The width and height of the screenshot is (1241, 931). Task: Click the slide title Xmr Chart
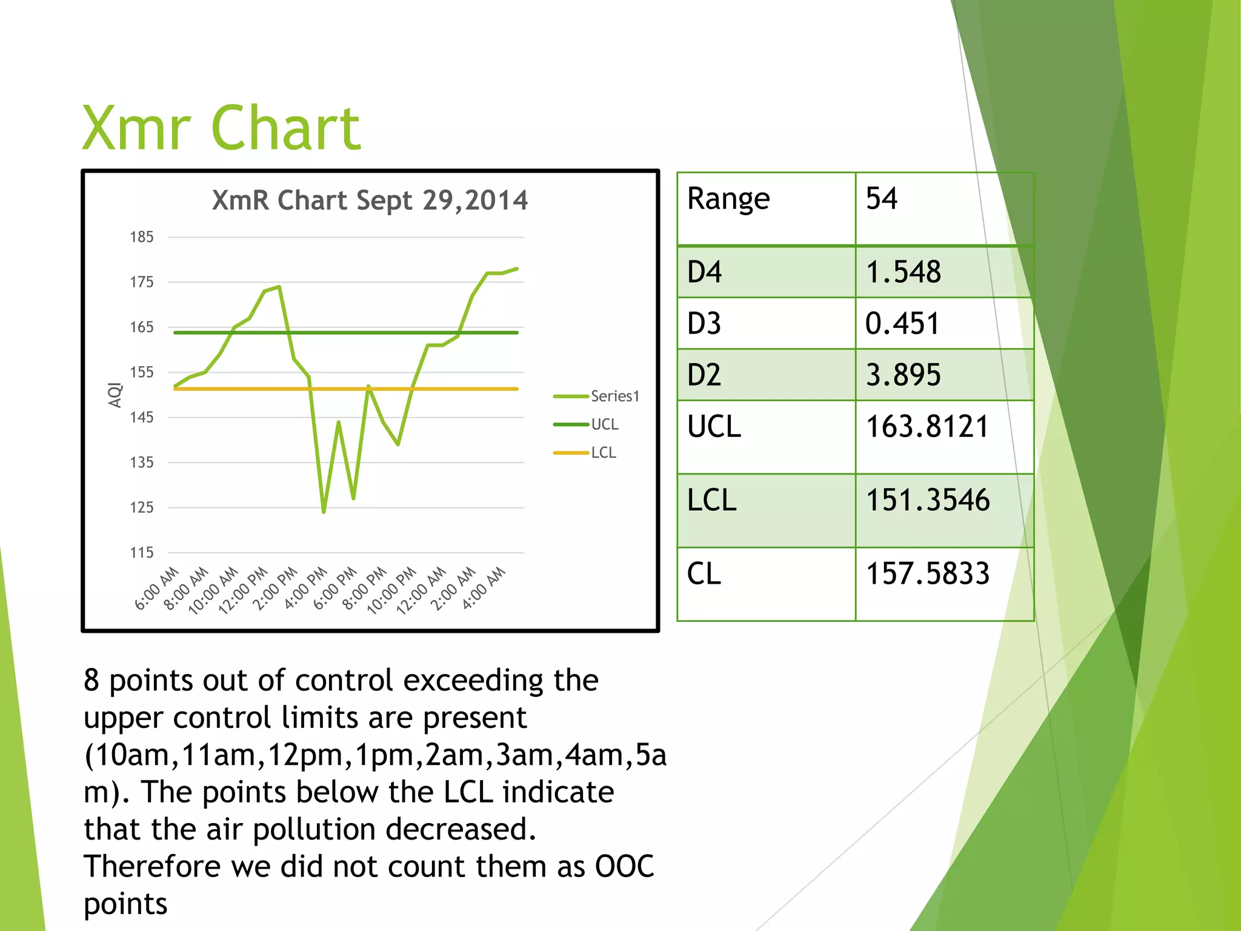pyautogui.click(x=221, y=128)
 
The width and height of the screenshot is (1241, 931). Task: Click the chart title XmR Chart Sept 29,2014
pyautogui.click(x=370, y=201)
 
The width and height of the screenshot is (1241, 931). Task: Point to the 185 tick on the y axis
pyautogui.click(x=141, y=237)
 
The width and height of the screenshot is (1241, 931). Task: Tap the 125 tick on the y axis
pyautogui.click(x=141, y=507)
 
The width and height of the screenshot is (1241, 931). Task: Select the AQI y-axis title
pyautogui.click(x=115, y=395)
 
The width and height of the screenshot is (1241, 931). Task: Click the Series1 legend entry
pyautogui.click(x=614, y=396)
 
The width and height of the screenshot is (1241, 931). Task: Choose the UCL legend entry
pyautogui.click(x=604, y=424)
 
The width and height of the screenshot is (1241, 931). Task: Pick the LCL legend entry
pyautogui.click(x=603, y=453)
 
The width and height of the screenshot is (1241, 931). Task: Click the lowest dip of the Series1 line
pyautogui.click(x=324, y=512)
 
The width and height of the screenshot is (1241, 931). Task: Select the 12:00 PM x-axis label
pyautogui.click(x=244, y=590)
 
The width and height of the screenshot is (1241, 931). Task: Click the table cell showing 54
pyautogui.click(x=882, y=199)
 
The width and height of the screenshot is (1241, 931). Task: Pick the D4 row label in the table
pyautogui.click(x=704, y=272)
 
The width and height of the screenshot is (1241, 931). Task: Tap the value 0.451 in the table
pyautogui.click(x=902, y=324)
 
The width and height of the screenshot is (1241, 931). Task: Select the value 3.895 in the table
pyautogui.click(x=903, y=375)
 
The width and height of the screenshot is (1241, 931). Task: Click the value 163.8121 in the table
pyautogui.click(x=927, y=427)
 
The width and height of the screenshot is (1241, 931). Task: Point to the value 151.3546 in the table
pyautogui.click(x=927, y=501)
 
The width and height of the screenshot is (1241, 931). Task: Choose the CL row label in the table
pyautogui.click(x=704, y=574)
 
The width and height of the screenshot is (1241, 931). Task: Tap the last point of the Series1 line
pyautogui.click(x=517, y=269)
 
